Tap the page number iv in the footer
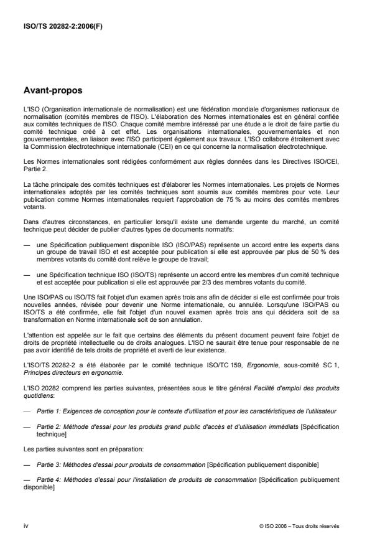click(26, 525)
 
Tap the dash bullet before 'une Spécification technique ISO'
click(27, 274)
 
